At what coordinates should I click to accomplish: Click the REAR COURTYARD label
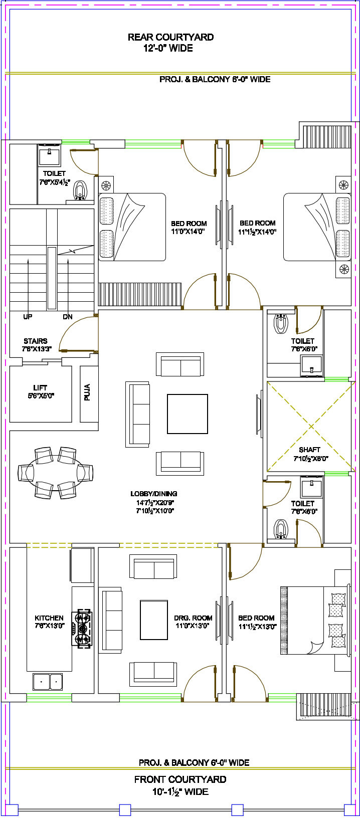[170, 37]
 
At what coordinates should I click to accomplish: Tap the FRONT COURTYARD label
[180, 779]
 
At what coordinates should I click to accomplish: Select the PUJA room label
[87, 392]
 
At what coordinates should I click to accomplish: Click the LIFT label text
[40, 387]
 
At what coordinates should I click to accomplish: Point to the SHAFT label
[309, 450]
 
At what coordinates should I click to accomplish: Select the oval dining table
[55, 472]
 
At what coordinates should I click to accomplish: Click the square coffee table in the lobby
[188, 413]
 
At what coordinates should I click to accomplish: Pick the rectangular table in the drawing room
[153, 620]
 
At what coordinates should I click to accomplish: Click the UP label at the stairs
[28, 317]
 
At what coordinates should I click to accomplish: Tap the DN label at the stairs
[68, 317]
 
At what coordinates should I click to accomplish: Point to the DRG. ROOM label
[193, 618]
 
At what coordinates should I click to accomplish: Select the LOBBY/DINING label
[153, 494]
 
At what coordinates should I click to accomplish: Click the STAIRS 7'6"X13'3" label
[36, 345]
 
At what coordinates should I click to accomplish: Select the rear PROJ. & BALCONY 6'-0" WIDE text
[215, 79]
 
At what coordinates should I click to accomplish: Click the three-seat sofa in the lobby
[137, 414]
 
